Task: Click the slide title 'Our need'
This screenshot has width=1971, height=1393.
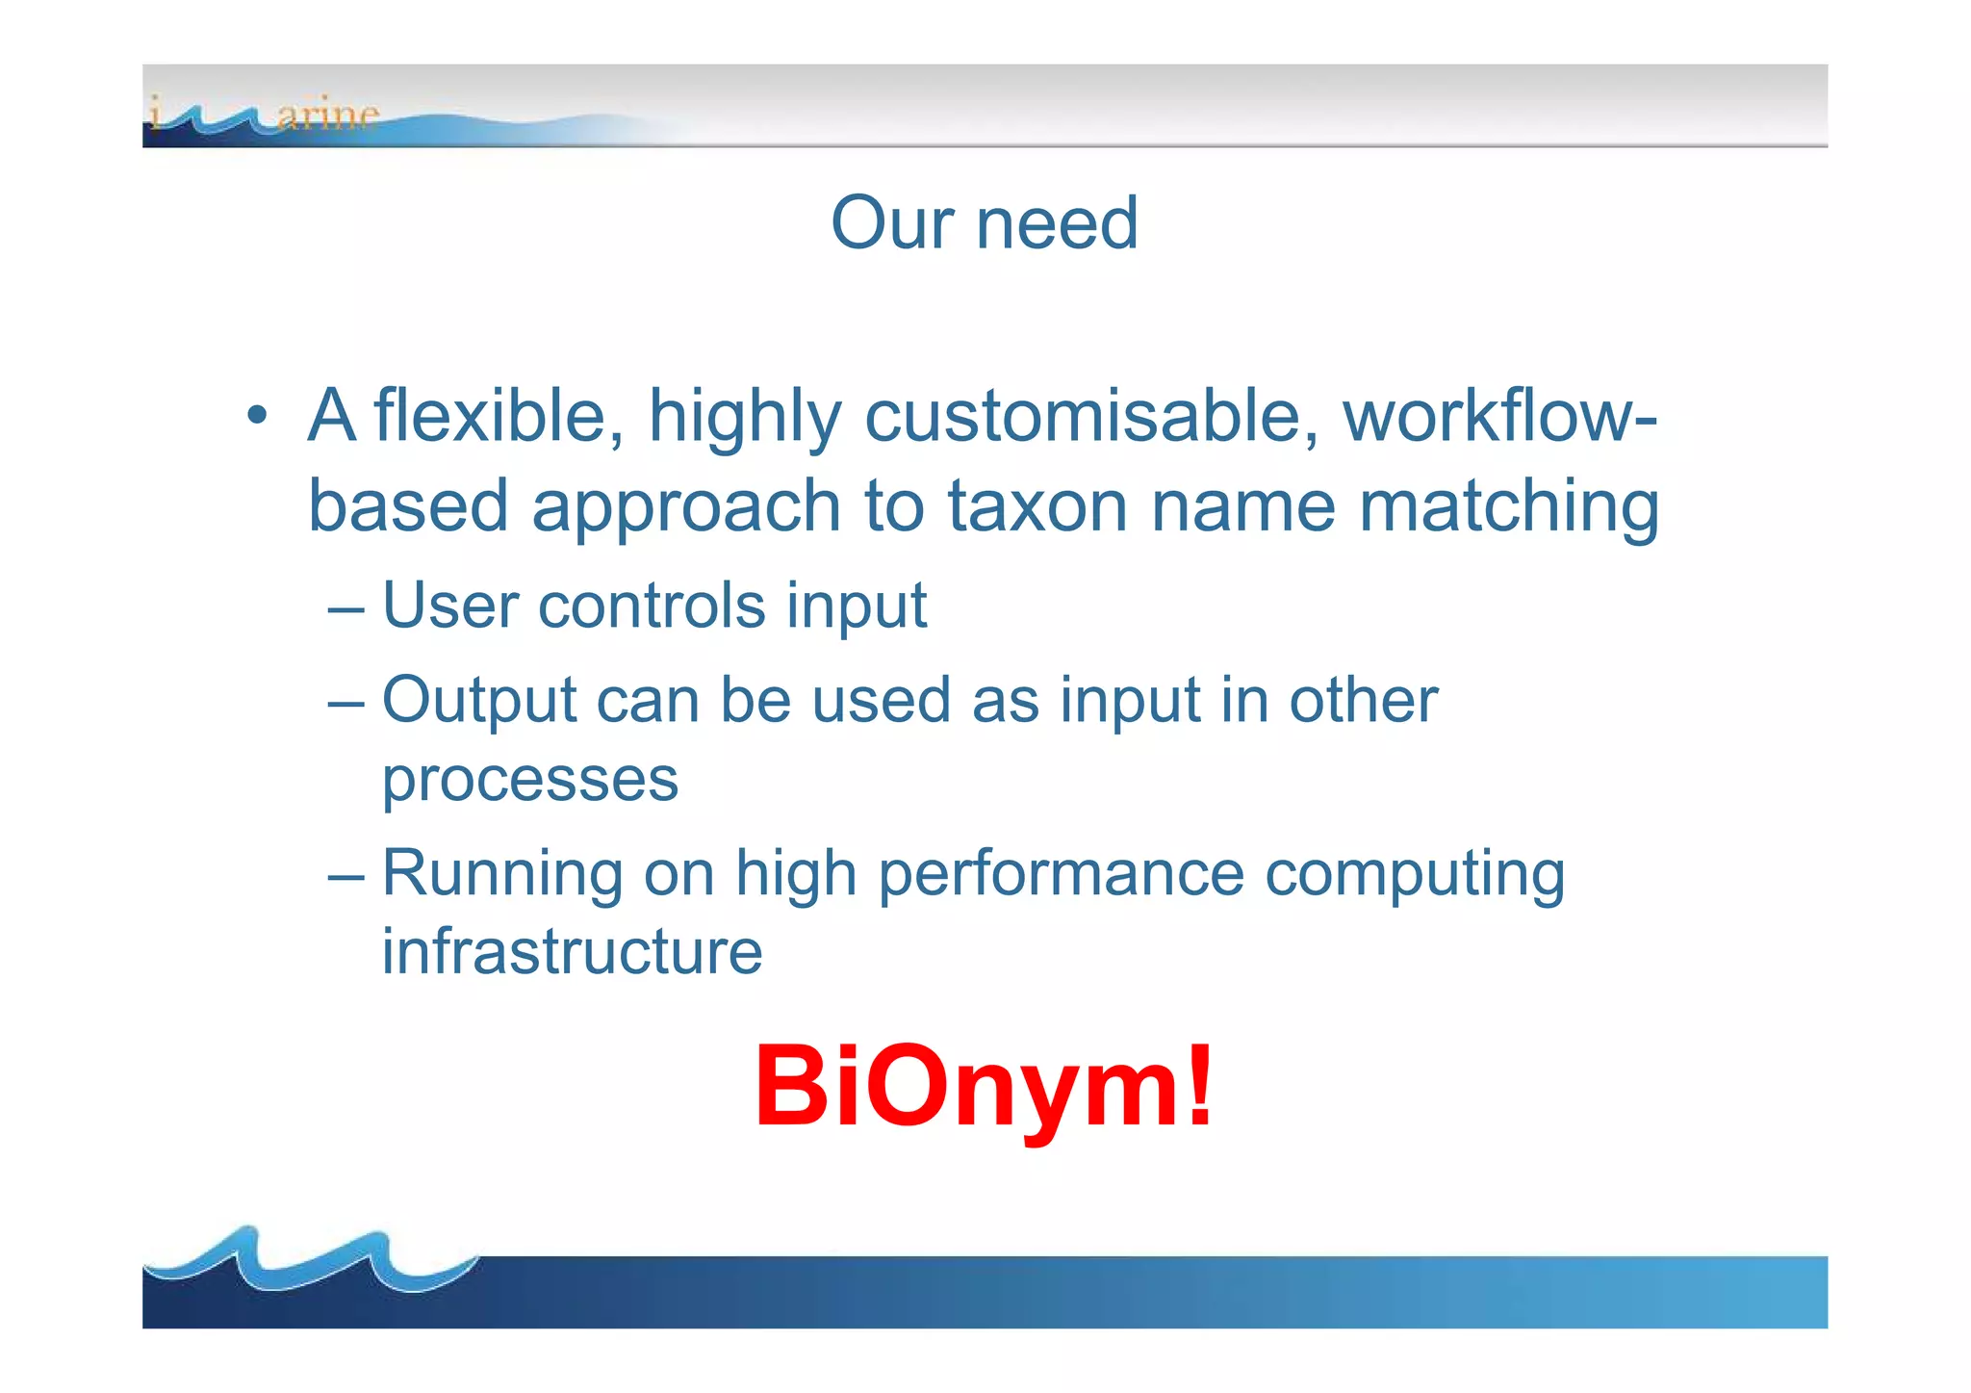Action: (x=985, y=223)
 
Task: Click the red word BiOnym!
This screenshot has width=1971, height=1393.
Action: (x=984, y=1087)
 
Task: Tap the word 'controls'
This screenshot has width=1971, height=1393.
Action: (x=652, y=606)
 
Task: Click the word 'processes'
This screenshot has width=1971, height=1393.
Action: (x=530, y=780)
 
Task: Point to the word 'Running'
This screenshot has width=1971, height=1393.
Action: (x=501, y=874)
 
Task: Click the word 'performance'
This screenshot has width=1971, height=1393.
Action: (x=1061, y=874)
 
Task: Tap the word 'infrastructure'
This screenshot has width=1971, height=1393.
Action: (x=572, y=951)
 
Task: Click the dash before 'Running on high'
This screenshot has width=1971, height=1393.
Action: (x=346, y=877)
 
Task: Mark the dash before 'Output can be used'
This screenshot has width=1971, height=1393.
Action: (x=346, y=703)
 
